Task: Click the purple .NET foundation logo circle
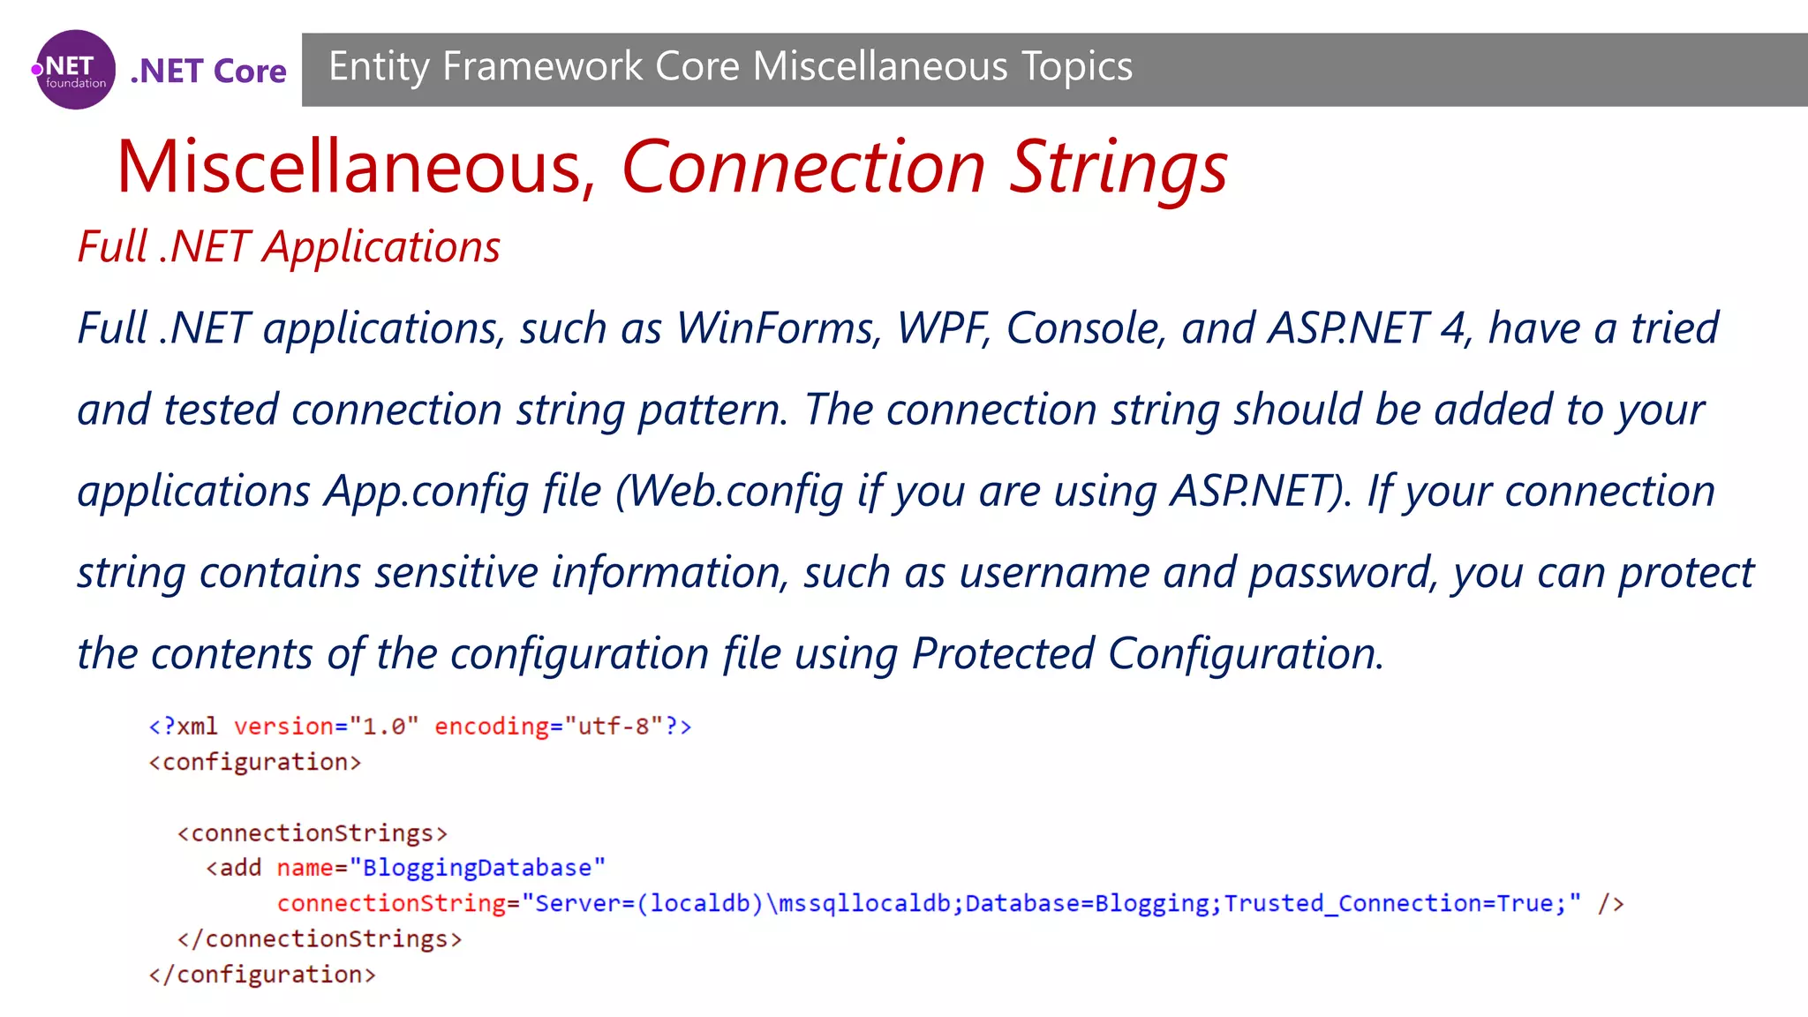75,70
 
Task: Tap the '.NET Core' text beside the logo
208,71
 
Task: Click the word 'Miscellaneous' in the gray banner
880,66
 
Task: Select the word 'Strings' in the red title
1118,167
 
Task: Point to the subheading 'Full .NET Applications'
289,246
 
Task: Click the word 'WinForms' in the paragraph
779,328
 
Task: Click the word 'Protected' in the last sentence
1003,653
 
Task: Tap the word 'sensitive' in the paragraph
456,572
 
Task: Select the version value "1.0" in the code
384,727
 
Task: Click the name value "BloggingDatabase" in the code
478,868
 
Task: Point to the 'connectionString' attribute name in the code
391,903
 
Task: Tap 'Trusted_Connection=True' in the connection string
1388,903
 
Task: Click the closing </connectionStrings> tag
320,938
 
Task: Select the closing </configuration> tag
262,975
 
